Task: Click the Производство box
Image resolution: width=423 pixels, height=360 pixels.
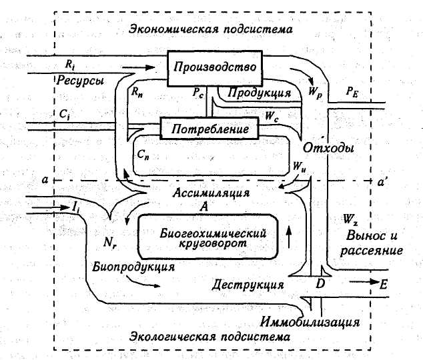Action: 215,67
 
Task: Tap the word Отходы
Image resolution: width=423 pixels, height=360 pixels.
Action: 328,147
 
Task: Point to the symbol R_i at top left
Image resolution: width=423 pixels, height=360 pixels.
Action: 70,64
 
